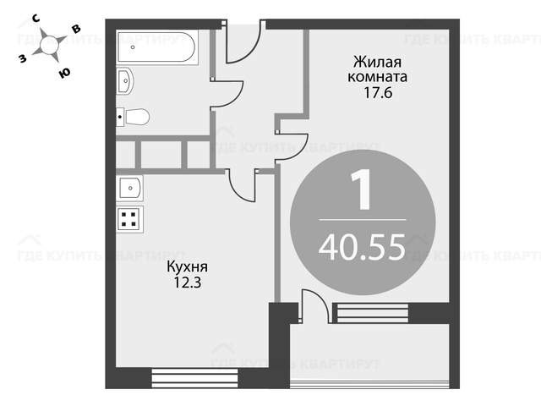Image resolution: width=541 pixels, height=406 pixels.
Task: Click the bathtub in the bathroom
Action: pos(157,47)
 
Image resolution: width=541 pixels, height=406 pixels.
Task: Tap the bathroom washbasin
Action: pos(125,81)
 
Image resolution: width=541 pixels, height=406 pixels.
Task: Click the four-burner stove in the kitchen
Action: pos(129,219)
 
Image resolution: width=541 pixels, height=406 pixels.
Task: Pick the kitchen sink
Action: pos(129,188)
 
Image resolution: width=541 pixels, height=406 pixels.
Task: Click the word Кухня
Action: pos(188,267)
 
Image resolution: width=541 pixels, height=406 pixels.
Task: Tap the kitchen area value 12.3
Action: pos(187,283)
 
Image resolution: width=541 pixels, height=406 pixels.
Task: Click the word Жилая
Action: pos(378,63)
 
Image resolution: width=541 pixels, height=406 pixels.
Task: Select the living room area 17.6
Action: pos(378,93)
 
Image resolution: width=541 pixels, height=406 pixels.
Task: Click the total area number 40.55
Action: pos(362,246)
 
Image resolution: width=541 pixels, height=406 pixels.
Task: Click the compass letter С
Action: pos(36,19)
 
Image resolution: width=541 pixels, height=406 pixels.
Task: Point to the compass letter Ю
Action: pos(64,73)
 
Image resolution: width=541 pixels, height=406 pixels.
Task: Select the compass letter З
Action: pos(23,58)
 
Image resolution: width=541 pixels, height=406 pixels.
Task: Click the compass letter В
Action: pos(76,29)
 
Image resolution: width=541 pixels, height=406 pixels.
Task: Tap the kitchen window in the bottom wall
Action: pos(194,378)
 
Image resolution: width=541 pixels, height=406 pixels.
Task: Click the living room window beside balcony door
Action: pos(373,313)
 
